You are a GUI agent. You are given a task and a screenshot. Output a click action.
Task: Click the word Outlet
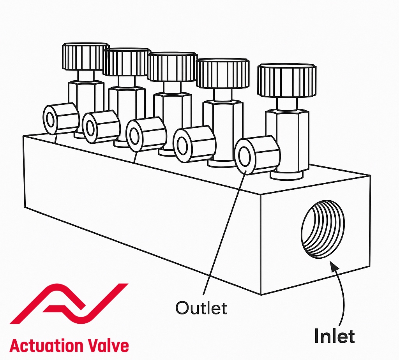(x=201, y=308)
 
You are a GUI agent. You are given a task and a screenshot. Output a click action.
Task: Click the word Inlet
(x=334, y=336)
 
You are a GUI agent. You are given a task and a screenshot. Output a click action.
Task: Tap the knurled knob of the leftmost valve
(x=85, y=57)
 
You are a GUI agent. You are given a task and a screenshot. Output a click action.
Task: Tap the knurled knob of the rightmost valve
(x=287, y=81)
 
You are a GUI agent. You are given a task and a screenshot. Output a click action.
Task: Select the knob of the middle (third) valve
(x=172, y=67)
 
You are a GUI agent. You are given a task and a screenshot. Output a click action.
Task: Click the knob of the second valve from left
(x=127, y=62)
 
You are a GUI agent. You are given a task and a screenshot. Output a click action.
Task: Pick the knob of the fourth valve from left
(x=222, y=73)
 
